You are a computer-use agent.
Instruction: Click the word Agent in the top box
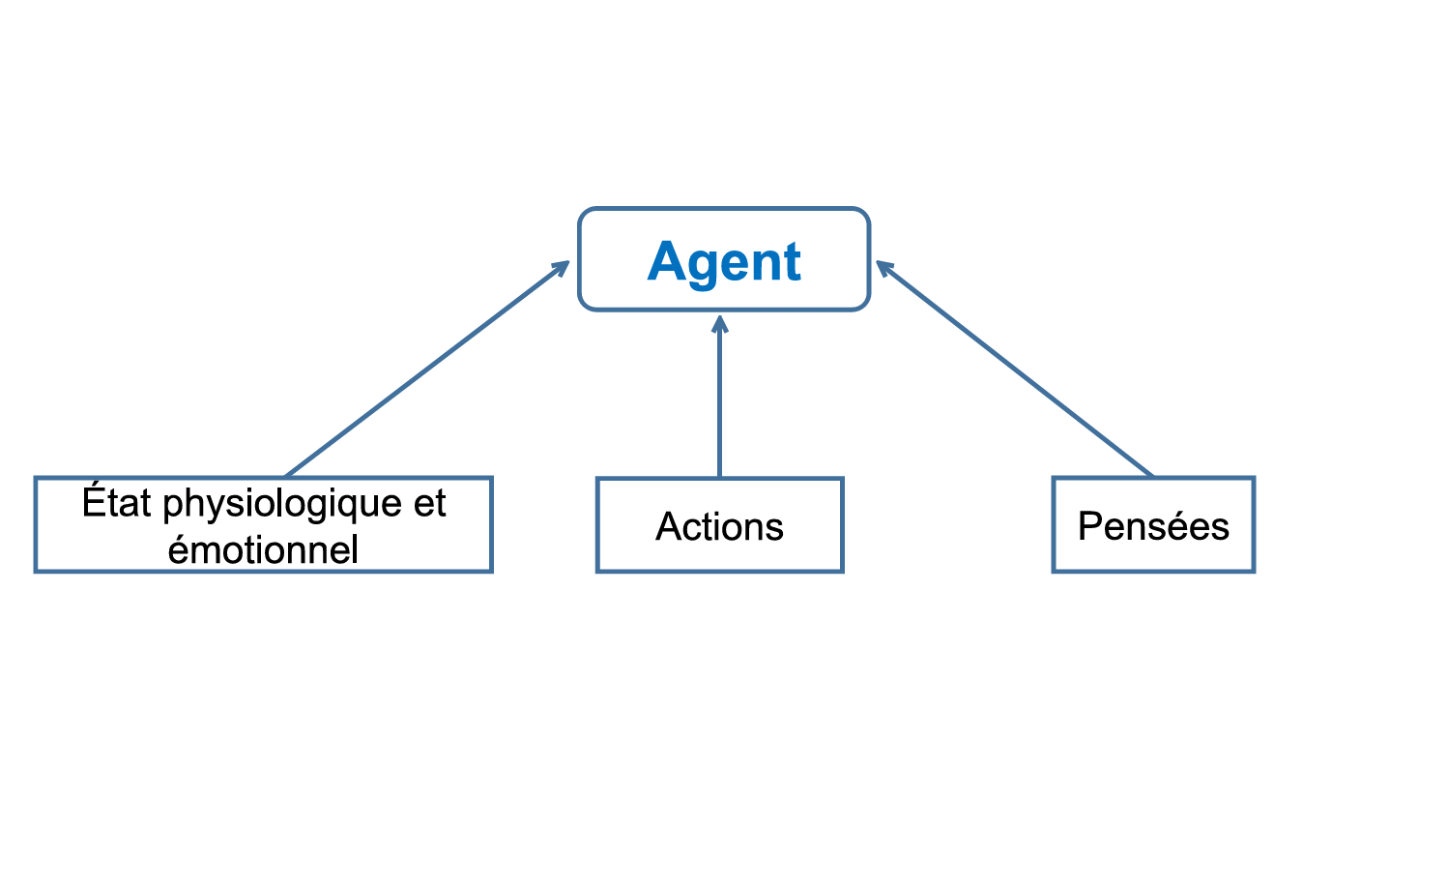point(724,261)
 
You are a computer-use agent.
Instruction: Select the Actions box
point(719,524)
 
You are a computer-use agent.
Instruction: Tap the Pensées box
point(1152,524)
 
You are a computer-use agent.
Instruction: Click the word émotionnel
point(263,549)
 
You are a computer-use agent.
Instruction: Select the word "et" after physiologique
point(430,503)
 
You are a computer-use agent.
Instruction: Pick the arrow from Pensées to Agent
point(1015,369)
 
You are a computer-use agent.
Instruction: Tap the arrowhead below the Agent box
point(719,324)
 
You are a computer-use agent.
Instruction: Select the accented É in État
point(94,501)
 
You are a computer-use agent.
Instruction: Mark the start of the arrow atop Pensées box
point(1151,474)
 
